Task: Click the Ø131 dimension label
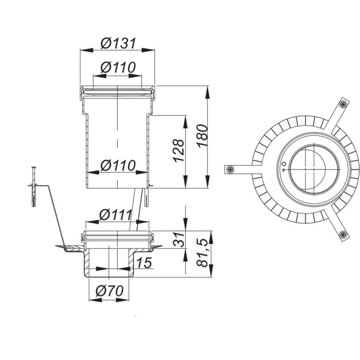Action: (x=118, y=43)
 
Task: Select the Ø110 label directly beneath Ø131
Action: (x=118, y=67)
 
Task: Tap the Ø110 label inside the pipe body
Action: (x=118, y=165)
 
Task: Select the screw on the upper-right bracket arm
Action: (x=341, y=105)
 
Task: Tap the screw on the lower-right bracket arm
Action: (x=341, y=235)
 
